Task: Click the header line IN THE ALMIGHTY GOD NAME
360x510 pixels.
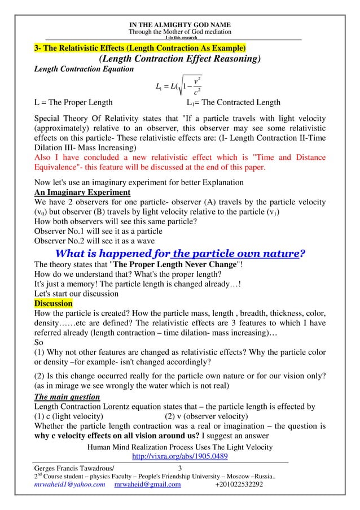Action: pos(179,24)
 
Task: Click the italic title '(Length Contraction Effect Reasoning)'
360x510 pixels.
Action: pos(179,59)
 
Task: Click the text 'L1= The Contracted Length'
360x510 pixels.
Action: pos(233,103)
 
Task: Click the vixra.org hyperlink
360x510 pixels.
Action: pos(179,456)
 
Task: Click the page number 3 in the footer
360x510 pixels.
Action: pos(179,469)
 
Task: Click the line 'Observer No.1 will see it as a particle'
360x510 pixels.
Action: pos(98,231)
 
